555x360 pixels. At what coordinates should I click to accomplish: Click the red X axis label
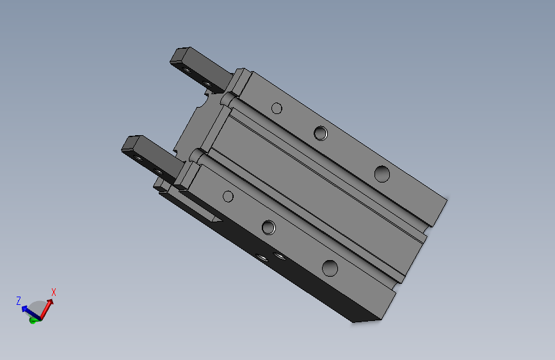[54, 292]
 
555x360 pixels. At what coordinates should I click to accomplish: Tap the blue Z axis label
[19, 301]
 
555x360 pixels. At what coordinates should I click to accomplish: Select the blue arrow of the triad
[31, 312]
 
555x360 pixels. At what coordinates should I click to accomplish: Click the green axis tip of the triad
[33, 321]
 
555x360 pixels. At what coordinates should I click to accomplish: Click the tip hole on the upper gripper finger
[186, 69]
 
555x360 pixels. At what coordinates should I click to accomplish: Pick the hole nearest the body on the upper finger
[207, 84]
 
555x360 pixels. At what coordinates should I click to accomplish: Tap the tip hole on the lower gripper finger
[138, 158]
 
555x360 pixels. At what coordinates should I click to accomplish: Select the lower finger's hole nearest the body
[159, 172]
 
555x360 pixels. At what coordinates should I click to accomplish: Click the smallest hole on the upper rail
[277, 108]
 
